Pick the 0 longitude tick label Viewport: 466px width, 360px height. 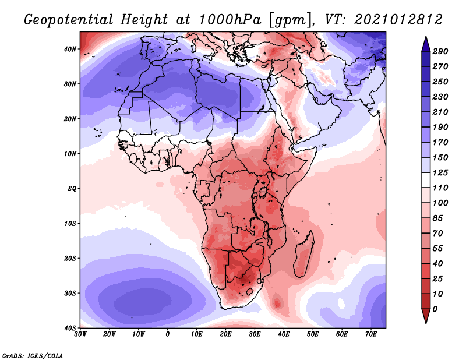tap(168, 334)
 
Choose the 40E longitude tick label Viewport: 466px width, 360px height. tap(284, 334)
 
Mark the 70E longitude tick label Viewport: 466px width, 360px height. tap(371, 334)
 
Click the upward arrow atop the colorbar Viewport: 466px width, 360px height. tap(426, 41)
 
